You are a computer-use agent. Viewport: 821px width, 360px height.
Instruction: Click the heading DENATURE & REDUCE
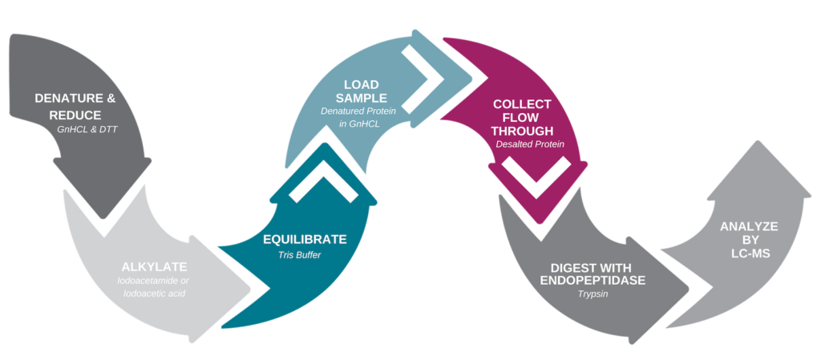click(x=75, y=106)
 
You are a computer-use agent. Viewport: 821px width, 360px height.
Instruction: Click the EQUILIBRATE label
click(x=305, y=239)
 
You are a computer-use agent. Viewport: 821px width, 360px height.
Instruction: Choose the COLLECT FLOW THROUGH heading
click(x=523, y=117)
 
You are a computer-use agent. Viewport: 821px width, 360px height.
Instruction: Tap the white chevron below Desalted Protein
click(x=536, y=179)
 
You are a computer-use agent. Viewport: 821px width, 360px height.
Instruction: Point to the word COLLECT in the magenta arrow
click(x=522, y=104)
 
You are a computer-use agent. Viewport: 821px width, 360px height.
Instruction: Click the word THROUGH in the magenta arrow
click(x=523, y=131)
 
